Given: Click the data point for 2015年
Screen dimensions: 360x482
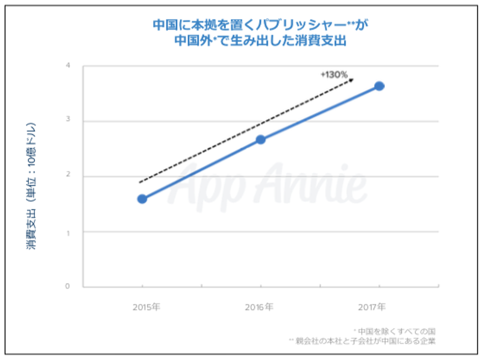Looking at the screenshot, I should tap(142, 199).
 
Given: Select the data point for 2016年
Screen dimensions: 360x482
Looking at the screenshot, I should tap(260, 140).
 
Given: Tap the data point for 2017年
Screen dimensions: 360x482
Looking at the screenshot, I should tap(379, 86).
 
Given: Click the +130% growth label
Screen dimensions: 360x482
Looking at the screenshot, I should tap(334, 75).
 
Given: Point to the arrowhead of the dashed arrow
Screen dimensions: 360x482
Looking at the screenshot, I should tap(351, 79).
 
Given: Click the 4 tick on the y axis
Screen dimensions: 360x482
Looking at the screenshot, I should tap(68, 66).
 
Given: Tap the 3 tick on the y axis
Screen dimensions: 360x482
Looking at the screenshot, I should tap(68, 120).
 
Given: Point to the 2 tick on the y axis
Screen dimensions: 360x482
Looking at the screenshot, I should tap(68, 176).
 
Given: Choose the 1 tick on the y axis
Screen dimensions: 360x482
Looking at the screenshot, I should tap(68, 231).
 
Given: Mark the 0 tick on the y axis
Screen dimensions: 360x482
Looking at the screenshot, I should tap(68, 286).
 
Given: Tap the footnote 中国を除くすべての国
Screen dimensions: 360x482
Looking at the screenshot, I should tap(398, 331).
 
